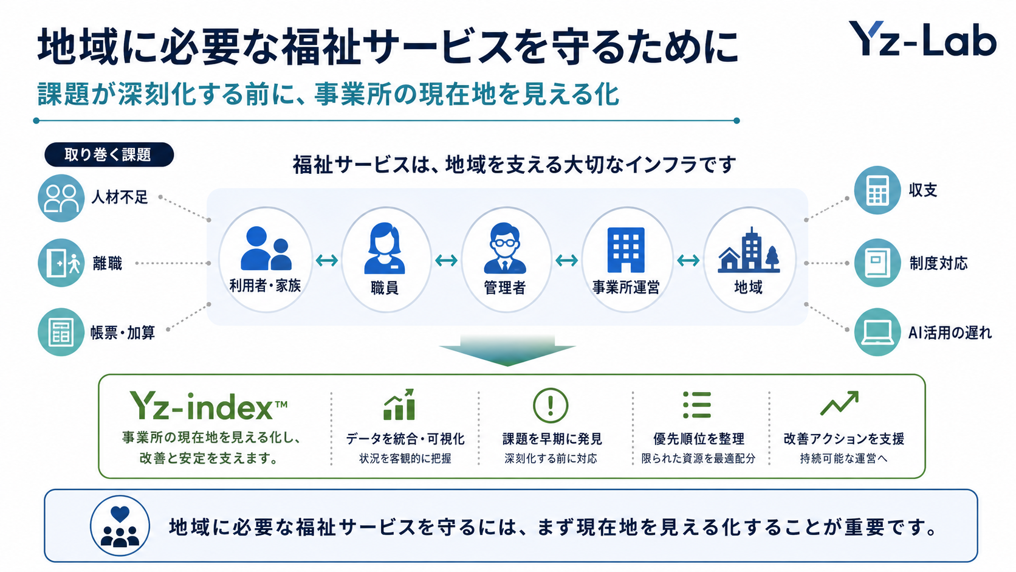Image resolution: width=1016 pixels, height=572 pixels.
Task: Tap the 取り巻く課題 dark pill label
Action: pyautogui.click(x=109, y=154)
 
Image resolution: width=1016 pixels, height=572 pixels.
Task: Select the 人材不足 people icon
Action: pyautogui.click(x=61, y=198)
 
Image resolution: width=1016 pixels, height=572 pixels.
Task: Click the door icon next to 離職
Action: pyautogui.click(x=61, y=263)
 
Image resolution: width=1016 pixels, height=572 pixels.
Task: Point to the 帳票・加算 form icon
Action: pyautogui.click(x=61, y=332)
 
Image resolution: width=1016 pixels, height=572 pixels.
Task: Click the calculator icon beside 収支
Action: pyautogui.click(x=877, y=190)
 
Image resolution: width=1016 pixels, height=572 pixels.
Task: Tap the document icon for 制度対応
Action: pyautogui.click(x=877, y=263)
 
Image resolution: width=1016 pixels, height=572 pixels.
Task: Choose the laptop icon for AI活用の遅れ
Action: pyautogui.click(x=877, y=332)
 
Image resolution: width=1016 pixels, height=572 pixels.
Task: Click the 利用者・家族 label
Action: pyautogui.click(x=266, y=286)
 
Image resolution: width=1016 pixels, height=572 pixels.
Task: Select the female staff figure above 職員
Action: pyautogui.click(x=385, y=248)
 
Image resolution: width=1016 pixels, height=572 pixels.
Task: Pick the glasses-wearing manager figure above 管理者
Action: pyautogui.click(x=505, y=248)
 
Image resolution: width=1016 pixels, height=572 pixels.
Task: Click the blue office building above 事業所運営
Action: pyautogui.click(x=626, y=249)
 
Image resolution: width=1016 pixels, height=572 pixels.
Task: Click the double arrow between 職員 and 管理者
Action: pyautogui.click(x=446, y=260)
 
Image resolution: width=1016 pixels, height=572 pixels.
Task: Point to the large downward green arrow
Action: pyautogui.click(x=507, y=350)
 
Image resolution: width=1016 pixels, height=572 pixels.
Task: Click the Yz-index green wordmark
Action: pyautogui.click(x=208, y=405)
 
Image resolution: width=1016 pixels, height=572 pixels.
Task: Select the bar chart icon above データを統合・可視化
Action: pyautogui.click(x=399, y=404)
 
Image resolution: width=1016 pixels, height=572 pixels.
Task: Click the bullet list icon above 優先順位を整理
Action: pyautogui.click(x=697, y=405)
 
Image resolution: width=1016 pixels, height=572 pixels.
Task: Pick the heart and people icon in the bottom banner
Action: pyautogui.click(x=120, y=526)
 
